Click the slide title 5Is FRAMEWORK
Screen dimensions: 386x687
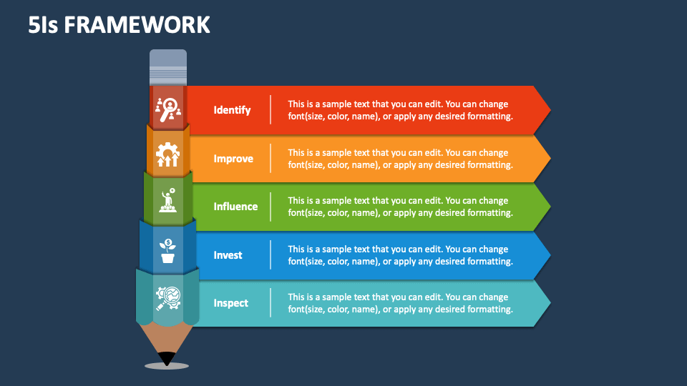pos(120,25)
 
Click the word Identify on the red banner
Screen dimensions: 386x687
pos(232,110)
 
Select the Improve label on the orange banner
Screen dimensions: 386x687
pos(233,159)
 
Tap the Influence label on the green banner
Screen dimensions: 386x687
pos(235,207)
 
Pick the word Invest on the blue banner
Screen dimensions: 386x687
pos(228,255)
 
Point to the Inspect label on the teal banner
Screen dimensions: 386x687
pos(230,303)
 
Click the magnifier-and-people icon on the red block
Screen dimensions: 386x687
pos(168,109)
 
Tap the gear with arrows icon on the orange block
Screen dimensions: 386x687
pos(167,154)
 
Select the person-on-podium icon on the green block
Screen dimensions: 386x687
pos(168,201)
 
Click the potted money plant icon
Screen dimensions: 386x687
pos(167,251)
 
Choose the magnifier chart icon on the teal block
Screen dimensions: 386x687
pos(167,297)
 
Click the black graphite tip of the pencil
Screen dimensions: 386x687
pos(167,357)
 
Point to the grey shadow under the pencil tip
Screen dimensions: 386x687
pos(167,366)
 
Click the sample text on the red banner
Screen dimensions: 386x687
pos(400,110)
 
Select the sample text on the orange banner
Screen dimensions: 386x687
pos(400,159)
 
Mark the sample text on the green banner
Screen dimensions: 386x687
pos(400,207)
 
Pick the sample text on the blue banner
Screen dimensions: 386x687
pos(400,255)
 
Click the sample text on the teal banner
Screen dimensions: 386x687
pos(400,303)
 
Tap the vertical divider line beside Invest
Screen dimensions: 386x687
pos(271,255)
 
